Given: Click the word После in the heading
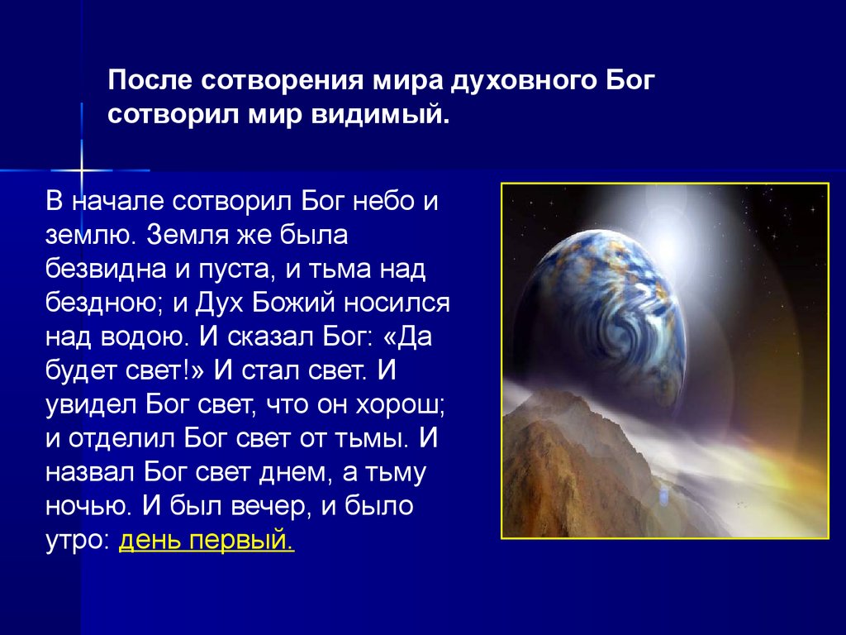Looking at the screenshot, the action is point(150,80).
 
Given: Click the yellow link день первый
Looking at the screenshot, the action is point(207,540).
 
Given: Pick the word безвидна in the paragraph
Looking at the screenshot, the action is point(107,269).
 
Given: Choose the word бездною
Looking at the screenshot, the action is point(105,303).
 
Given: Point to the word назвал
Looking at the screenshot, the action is point(90,472).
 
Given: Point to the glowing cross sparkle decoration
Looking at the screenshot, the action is point(82,170).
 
